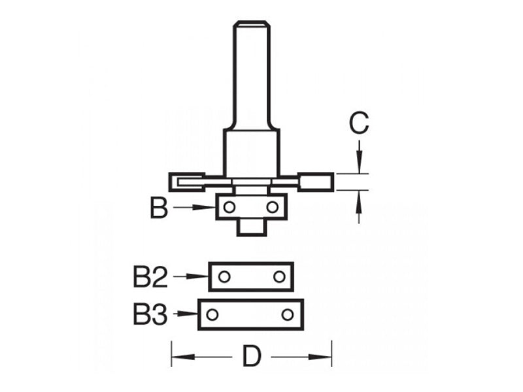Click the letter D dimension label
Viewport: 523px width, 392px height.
pos(252,357)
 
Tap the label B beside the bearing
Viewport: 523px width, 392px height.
pos(159,208)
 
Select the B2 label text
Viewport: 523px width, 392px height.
pos(150,277)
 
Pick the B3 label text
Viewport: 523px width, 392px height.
pos(150,315)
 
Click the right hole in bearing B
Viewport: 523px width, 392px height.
pos(273,207)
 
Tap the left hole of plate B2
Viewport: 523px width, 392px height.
pos(224,276)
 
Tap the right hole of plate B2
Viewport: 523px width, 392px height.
pos(279,276)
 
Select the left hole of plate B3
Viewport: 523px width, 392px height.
pos(212,315)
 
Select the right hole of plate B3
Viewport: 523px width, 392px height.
pos(287,315)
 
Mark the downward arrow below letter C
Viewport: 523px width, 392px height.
pos(358,161)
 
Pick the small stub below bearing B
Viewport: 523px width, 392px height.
pos(250,227)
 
